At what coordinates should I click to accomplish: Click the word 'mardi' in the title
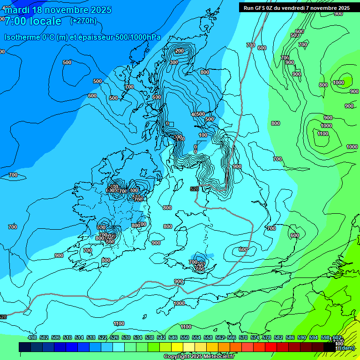coord(17,10)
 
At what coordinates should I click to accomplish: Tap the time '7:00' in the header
coord(15,21)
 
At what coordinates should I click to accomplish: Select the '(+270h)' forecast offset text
coord(83,21)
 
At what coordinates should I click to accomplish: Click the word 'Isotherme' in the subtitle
coord(22,37)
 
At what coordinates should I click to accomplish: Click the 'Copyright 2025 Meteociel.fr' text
coord(199,356)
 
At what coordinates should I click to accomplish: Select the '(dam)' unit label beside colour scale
coord(347,347)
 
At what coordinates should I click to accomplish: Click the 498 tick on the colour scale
coord(32,337)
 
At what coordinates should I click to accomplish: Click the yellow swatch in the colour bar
coord(177,347)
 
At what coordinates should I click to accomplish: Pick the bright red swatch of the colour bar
coord(271,347)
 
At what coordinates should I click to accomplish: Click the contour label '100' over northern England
coord(202,135)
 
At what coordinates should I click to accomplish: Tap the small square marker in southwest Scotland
coord(171,124)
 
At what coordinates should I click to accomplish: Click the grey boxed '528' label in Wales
coord(195,189)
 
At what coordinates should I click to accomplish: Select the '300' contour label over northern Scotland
coord(174,62)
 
